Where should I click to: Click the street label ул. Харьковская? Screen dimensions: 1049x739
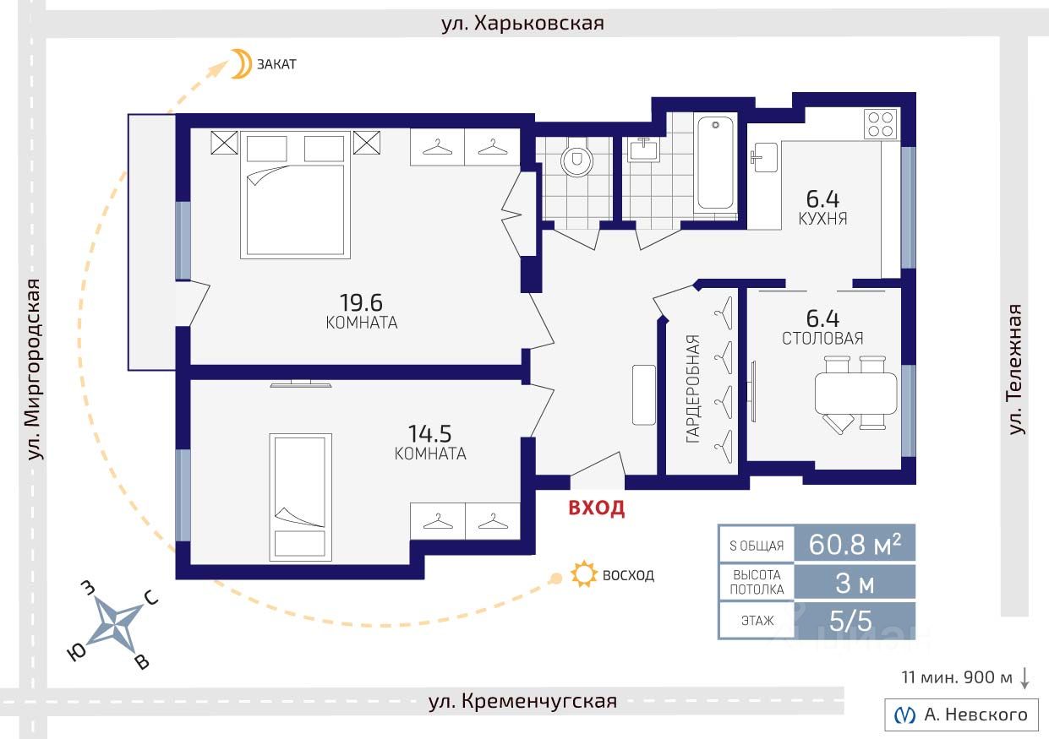(x=522, y=23)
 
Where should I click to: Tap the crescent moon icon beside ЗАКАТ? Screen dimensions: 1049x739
(x=240, y=63)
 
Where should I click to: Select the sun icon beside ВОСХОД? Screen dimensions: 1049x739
(x=584, y=573)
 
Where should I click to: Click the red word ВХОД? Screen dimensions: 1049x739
(x=597, y=508)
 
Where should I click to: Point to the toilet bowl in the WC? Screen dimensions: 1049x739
(x=576, y=160)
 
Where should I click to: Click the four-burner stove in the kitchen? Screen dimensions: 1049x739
(x=881, y=124)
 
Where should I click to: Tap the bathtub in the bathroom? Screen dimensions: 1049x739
(x=715, y=162)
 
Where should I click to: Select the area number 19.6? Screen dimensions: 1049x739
(x=361, y=302)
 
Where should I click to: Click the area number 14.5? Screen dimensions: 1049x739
(x=430, y=433)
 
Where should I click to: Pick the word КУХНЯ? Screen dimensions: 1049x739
(x=822, y=219)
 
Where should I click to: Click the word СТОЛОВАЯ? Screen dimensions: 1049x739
(x=822, y=339)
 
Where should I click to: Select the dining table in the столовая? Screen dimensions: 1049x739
(x=856, y=393)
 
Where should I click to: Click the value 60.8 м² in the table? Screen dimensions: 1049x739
(x=855, y=544)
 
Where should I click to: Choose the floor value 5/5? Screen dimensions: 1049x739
(x=851, y=621)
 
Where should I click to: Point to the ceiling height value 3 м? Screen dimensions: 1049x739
(x=855, y=584)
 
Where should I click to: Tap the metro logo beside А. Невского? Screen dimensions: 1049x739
(x=904, y=715)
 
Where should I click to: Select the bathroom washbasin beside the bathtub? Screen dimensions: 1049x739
(x=644, y=149)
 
